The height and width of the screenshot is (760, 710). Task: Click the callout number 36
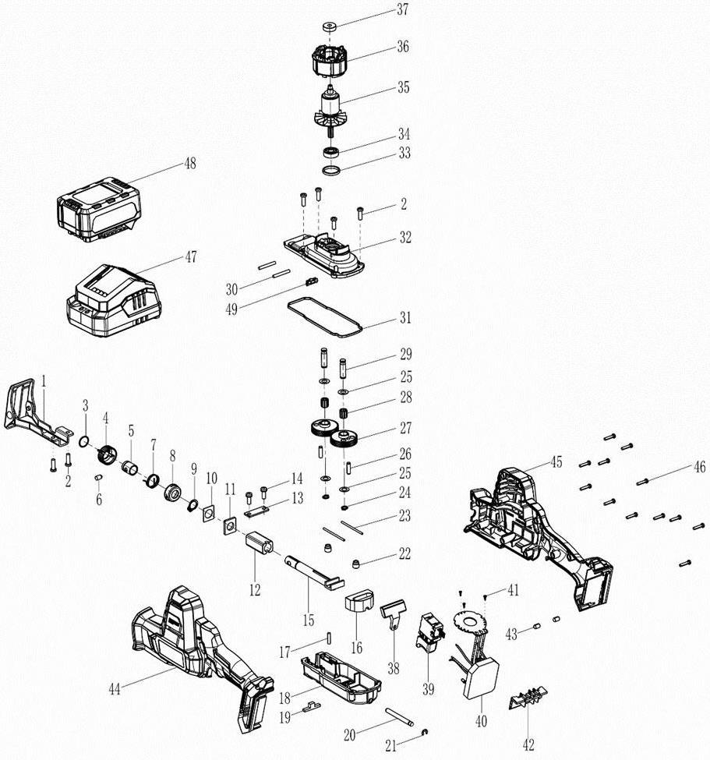(402, 47)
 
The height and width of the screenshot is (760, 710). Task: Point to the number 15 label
(309, 620)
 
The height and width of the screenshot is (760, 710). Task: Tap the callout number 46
(699, 467)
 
